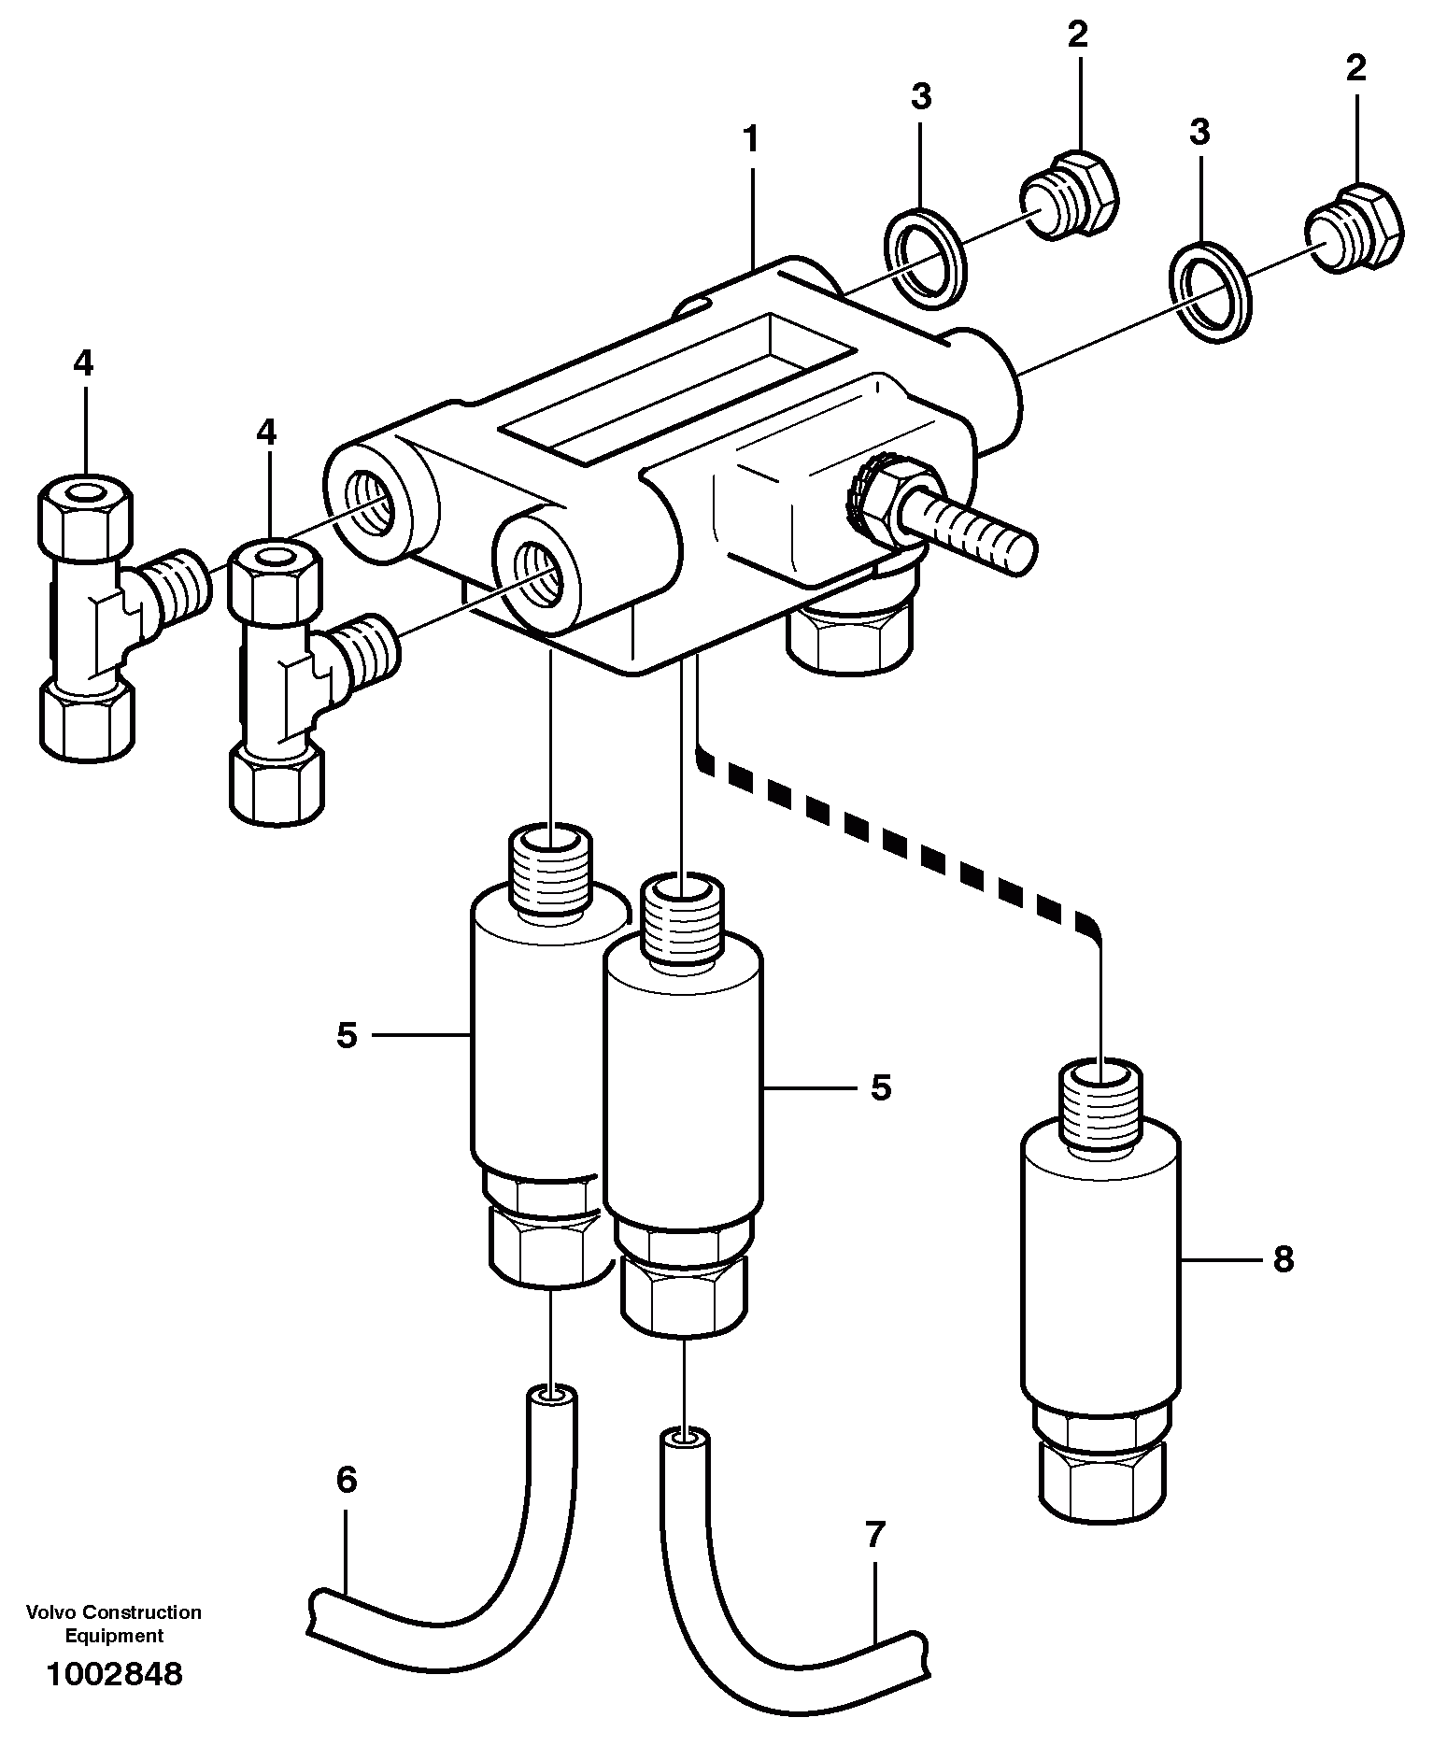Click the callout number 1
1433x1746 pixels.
click(x=749, y=140)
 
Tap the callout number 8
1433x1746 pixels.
click(x=1283, y=1260)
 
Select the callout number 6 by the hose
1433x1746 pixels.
click(x=347, y=1480)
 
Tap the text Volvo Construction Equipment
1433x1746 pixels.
click(x=114, y=1624)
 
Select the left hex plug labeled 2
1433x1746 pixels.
click(x=1067, y=192)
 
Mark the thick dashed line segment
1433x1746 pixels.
click(x=897, y=845)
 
